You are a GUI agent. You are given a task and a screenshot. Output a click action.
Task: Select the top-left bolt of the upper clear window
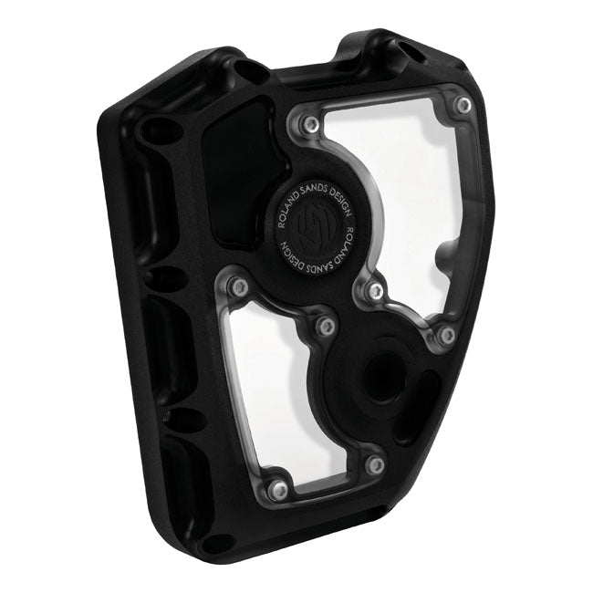(x=312, y=123)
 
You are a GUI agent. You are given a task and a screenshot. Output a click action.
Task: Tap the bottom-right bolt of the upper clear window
(x=445, y=336)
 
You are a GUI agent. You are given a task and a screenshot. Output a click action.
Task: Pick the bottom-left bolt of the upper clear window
(x=374, y=291)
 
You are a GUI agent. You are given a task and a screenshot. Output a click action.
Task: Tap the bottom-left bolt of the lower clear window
(x=280, y=490)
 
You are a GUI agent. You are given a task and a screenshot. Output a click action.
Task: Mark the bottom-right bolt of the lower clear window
(x=373, y=465)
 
